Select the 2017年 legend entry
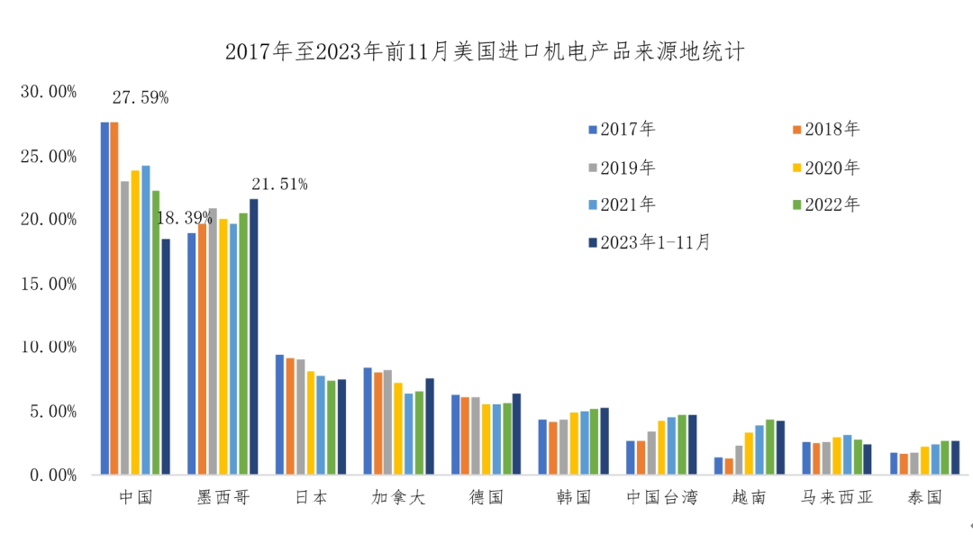point(621,129)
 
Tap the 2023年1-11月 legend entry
point(648,242)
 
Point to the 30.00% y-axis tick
point(50,92)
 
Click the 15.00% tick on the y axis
point(50,284)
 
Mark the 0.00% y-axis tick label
point(53,475)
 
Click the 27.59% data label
point(140,98)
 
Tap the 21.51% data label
point(279,185)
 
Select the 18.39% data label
point(184,218)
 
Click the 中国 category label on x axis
point(136,498)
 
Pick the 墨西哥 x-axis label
point(222,498)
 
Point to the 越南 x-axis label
point(750,498)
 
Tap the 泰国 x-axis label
point(925,498)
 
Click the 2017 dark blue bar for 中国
point(105,297)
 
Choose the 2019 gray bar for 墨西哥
point(213,341)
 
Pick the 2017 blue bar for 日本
point(279,414)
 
